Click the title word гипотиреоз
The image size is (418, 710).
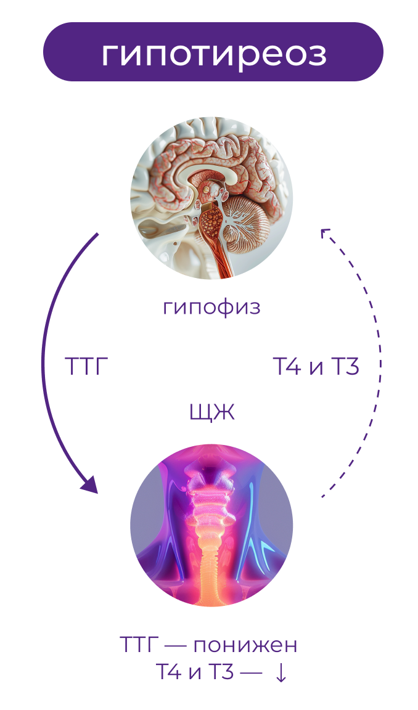[x=213, y=54]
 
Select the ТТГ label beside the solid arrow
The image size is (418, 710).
[x=86, y=367]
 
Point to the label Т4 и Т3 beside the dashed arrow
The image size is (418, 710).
[x=316, y=367]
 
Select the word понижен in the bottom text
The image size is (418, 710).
[x=245, y=645]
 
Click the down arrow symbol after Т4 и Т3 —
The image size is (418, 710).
[x=281, y=673]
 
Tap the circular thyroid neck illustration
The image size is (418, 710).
[x=211, y=526]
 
